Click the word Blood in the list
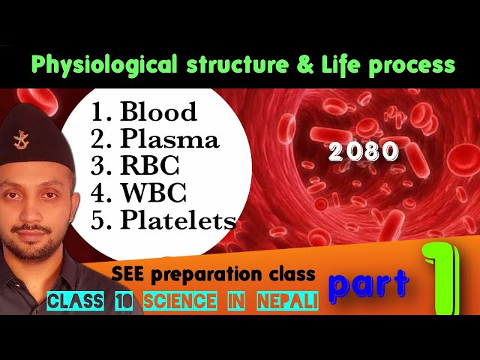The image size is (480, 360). click(x=157, y=112)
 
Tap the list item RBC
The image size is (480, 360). click(x=148, y=166)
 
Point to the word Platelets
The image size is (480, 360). click(x=178, y=220)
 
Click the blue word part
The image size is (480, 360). click(x=369, y=283)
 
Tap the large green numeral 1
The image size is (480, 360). click(x=442, y=277)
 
